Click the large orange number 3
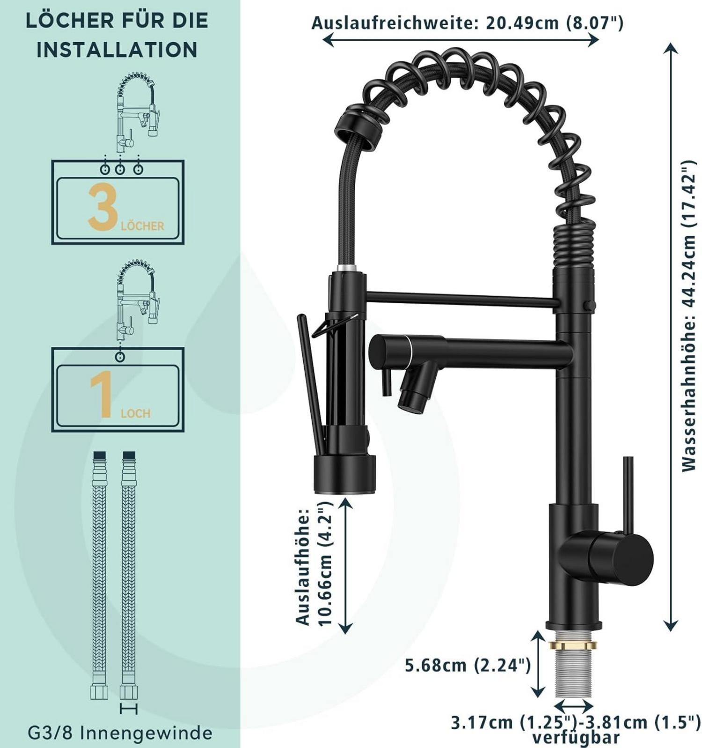tap(103, 206)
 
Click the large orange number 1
tap(102, 395)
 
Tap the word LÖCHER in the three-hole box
tap(142, 226)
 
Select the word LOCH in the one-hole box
tap(136, 413)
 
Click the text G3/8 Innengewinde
tap(120, 733)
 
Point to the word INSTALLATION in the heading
tap(117, 50)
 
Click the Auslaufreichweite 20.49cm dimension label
tap(468, 22)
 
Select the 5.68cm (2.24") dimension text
tap(468, 665)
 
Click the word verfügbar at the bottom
tap(576, 738)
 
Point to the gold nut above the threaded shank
tap(573, 645)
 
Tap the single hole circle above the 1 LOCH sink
tap(120, 357)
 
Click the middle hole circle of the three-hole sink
tap(120, 169)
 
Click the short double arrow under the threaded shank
tap(573, 704)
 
